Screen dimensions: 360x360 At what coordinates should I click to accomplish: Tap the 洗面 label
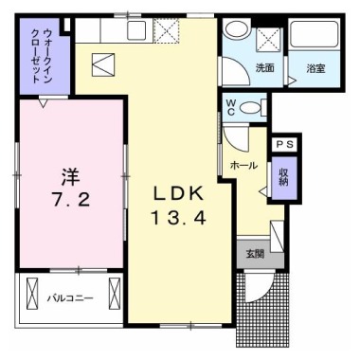[264, 68]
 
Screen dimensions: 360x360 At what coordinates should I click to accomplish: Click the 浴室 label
[315, 69]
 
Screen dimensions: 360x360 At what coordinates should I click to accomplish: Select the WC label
[231, 107]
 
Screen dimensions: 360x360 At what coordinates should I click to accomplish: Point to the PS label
[283, 143]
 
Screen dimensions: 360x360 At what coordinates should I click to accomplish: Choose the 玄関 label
[255, 254]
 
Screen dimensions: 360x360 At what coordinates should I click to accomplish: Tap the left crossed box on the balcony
[33, 289]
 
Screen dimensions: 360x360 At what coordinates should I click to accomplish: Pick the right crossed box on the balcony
[115, 289]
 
